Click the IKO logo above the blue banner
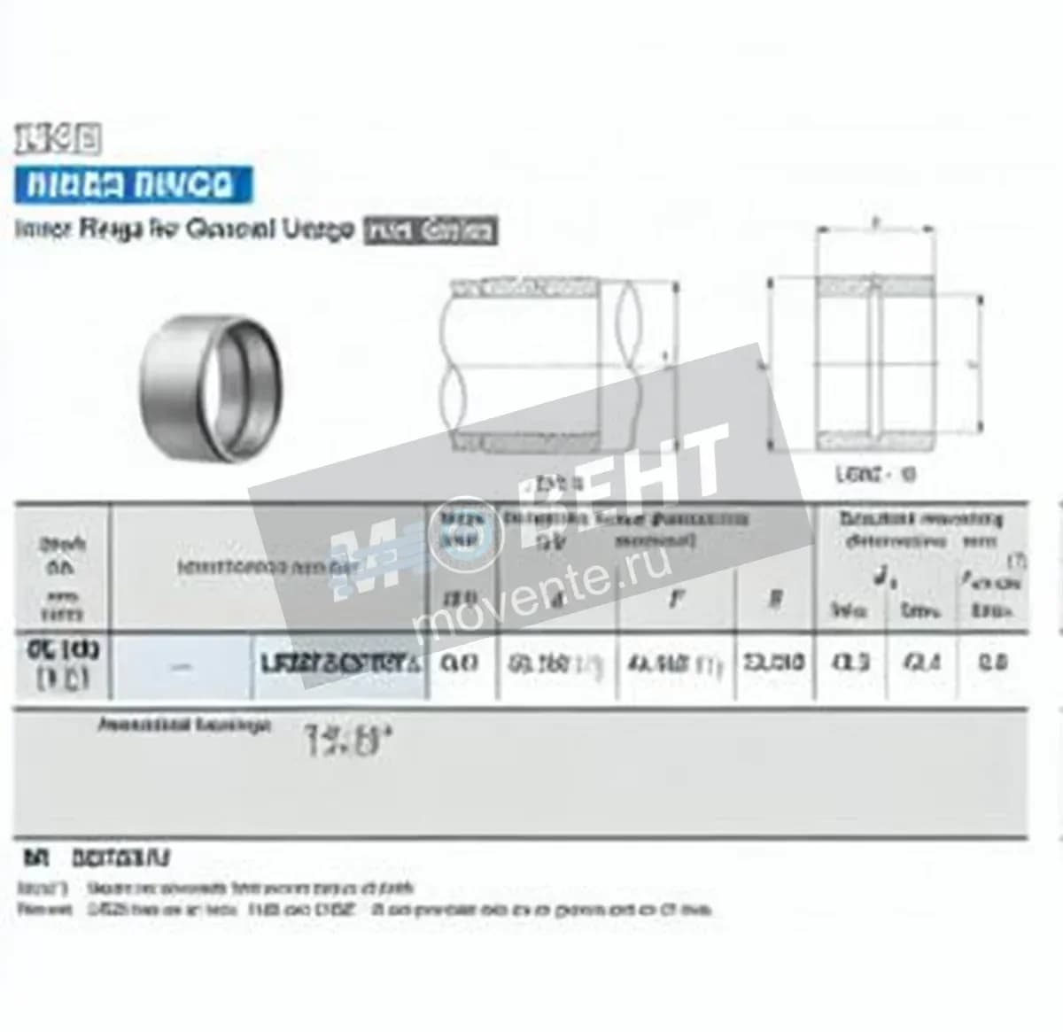pyautogui.click(x=58, y=138)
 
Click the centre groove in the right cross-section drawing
pyautogui.click(x=873, y=362)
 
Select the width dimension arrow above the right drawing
pyautogui.click(x=874, y=227)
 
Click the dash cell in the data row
pyautogui.click(x=182, y=666)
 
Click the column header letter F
pyautogui.click(x=676, y=599)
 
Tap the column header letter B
pyautogui.click(x=774, y=599)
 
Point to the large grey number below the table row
pyautogui.click(x=346, y=740)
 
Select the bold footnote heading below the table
pyautogui.click(x=97, y=857)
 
